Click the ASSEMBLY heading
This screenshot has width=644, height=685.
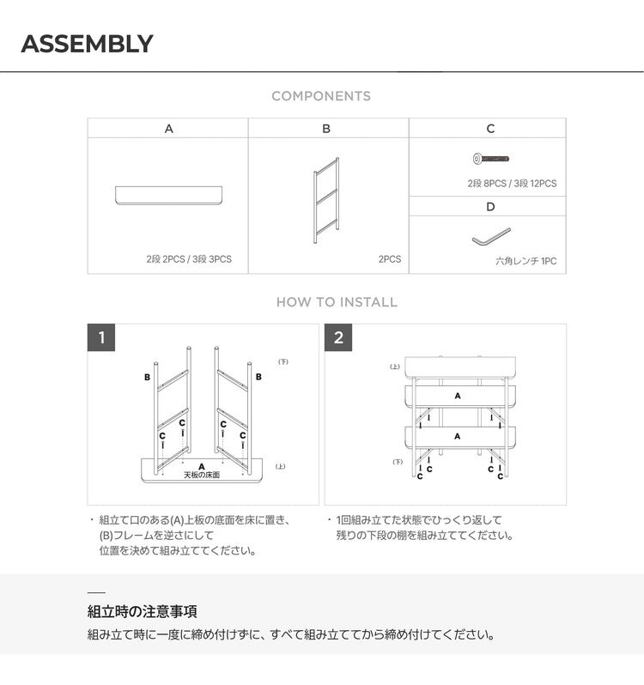87,44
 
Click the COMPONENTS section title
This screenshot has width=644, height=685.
321,96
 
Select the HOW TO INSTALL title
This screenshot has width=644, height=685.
337,302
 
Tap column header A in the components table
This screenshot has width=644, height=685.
168,129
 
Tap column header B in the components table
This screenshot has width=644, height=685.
326,129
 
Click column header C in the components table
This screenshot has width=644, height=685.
490,129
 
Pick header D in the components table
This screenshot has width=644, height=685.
490,207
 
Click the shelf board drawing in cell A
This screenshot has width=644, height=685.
168,195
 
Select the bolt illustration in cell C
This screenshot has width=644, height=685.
490,159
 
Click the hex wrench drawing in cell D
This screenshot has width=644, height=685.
490,234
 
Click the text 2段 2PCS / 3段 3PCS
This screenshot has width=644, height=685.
189,258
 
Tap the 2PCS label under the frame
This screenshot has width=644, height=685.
390,258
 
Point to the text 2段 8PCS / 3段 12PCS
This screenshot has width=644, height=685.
512,184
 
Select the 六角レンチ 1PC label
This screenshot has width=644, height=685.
526,261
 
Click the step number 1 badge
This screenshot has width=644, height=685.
101,337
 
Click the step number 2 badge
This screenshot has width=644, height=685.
338,337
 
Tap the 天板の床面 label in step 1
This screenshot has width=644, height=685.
202,475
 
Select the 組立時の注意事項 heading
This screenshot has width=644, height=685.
142,612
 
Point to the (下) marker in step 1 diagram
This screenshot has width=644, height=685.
283,361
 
